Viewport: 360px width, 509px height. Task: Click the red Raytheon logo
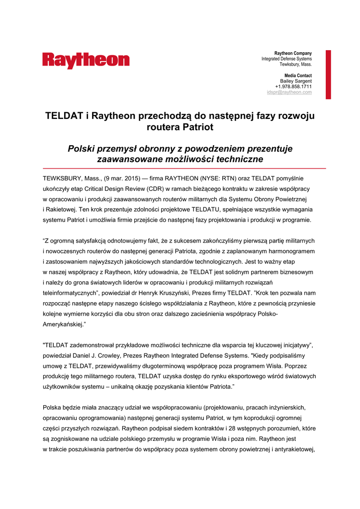(86, 60)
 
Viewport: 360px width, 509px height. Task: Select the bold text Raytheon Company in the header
(293, 53)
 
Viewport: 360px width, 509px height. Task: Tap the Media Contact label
(298, 76)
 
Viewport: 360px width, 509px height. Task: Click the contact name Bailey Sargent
(296, 81)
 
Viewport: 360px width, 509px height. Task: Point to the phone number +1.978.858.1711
(293, 86)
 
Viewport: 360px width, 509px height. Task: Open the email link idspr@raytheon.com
(289, 92)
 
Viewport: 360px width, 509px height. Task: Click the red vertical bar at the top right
(328, 74)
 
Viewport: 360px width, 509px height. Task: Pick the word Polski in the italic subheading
(82, 149)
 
